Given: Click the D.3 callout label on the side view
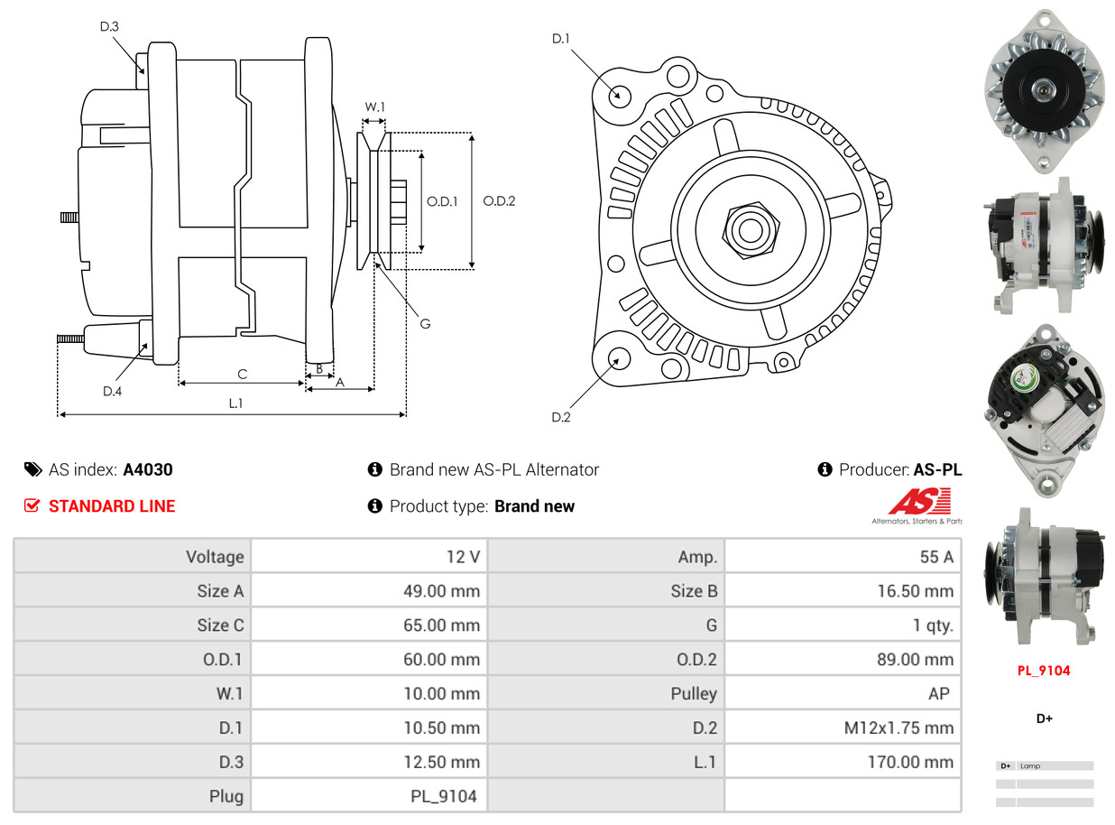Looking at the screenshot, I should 109,27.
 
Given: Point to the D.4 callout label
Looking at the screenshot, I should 112,391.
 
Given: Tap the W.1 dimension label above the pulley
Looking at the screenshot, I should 374,107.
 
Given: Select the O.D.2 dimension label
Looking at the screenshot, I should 499,201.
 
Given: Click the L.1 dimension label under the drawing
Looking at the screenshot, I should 235,403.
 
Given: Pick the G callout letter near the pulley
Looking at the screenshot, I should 425,323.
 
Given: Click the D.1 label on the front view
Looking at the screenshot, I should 561,38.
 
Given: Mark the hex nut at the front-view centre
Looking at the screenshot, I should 748,229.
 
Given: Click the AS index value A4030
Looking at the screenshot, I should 148,469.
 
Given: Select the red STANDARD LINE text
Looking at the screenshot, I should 112,506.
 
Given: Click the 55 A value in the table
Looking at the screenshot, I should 936,557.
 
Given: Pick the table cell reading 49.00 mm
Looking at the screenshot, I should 441,591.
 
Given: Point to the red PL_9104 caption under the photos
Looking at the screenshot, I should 1044,671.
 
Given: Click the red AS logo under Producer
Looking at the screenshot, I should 919,502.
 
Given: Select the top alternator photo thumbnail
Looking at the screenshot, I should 1045,90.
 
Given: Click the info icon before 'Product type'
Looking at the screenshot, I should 375,506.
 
